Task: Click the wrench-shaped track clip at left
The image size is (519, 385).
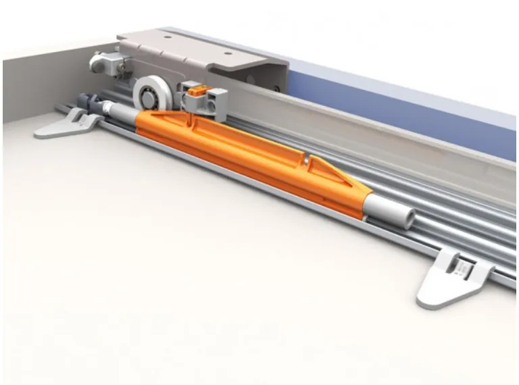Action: (68, 125)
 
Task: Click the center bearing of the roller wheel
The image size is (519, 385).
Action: (147, 92)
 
